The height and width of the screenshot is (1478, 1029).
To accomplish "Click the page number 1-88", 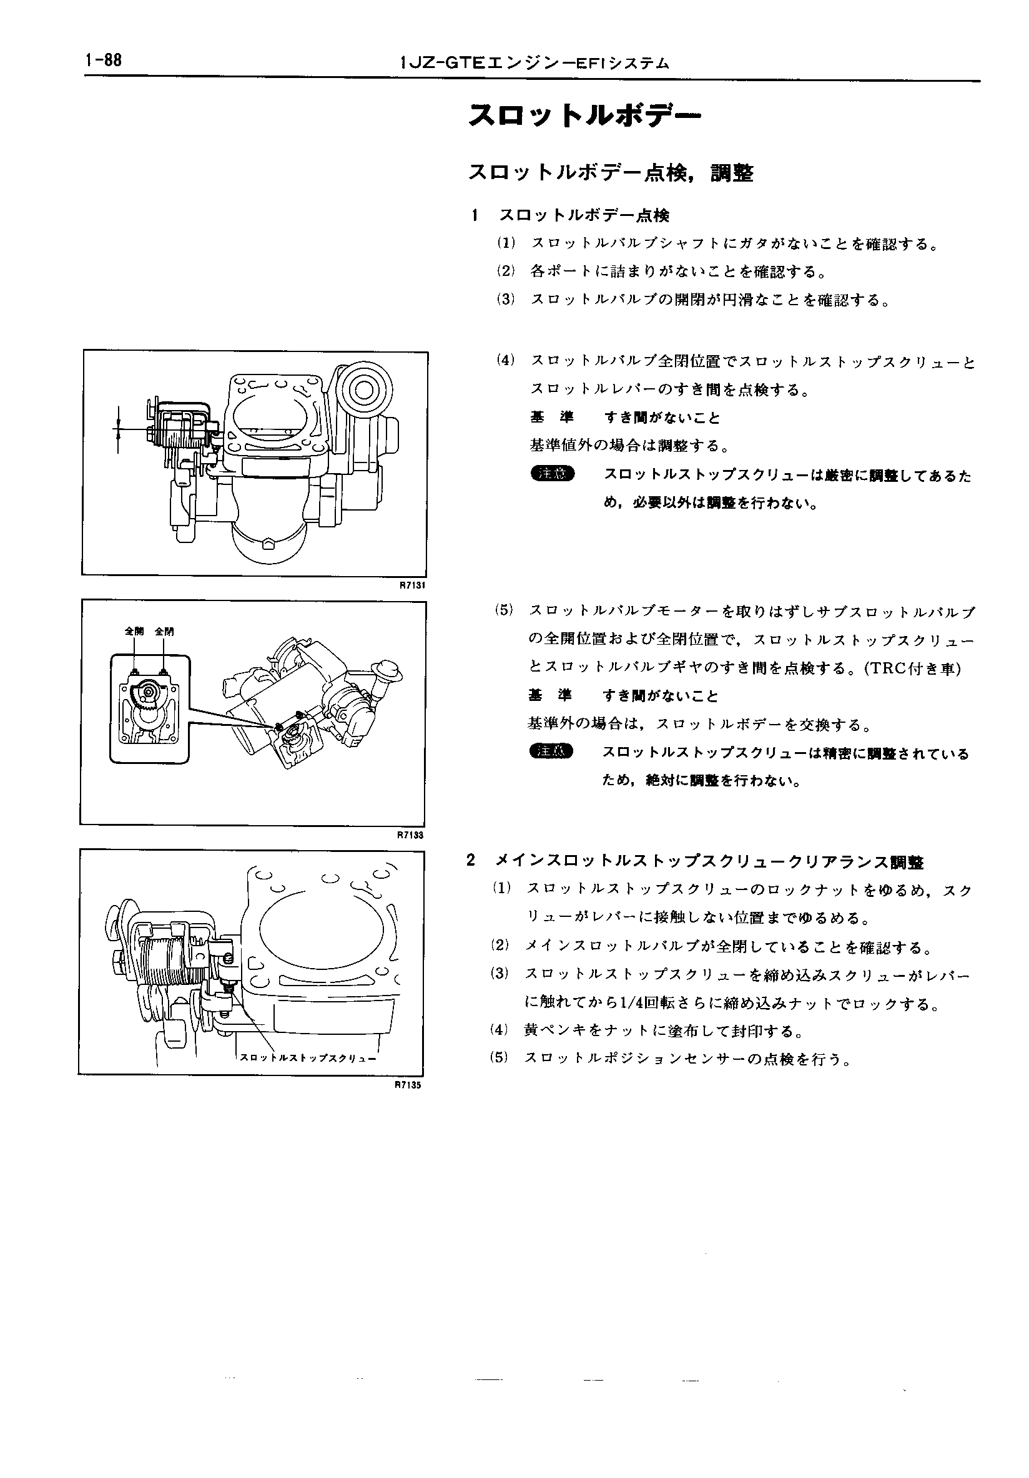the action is coord(102,61).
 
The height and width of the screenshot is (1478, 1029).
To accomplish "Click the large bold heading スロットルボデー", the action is coord(584,116).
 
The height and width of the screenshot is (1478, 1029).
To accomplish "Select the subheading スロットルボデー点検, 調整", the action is coord(611,172).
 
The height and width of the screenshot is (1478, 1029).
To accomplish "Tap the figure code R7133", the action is coord(413,835).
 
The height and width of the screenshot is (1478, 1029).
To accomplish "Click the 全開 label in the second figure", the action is coord(134,632).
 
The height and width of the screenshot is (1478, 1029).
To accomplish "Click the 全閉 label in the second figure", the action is coord(164,632).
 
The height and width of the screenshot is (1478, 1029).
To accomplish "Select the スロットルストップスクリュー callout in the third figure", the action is coord(307,1058).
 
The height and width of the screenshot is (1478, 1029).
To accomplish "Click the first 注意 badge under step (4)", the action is coord(552,474).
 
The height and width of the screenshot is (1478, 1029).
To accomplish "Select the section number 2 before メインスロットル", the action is coord(471,861).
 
